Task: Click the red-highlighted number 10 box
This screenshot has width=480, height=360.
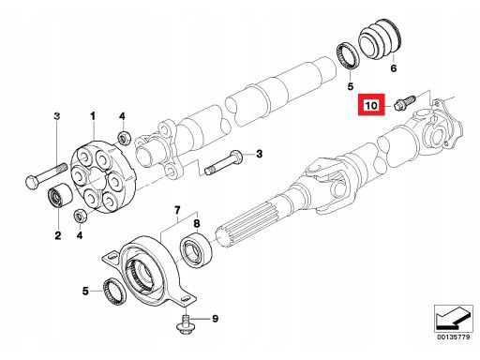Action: point(371,105)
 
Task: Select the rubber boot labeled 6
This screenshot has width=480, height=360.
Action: point(380,39)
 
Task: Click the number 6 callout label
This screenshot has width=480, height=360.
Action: point(394,67)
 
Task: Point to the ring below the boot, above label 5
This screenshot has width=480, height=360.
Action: point(348,55)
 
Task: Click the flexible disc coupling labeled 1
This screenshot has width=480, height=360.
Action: point(104,177)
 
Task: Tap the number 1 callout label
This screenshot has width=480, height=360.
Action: point(93,116)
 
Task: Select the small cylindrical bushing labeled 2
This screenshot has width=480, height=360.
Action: point(60,195)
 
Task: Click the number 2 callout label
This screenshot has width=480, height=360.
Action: point(58,235)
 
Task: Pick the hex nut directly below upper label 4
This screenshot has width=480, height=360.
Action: point(124,138)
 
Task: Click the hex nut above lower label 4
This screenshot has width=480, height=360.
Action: point(80,216)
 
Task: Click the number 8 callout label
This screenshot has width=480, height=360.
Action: point(197,224)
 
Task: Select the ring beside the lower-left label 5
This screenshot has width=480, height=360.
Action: point(114,291)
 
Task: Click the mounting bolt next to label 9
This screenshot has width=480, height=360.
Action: point(185,324)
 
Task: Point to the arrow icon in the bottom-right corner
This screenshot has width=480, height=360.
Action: point(453,318)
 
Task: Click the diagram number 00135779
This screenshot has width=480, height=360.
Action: point(453,337)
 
